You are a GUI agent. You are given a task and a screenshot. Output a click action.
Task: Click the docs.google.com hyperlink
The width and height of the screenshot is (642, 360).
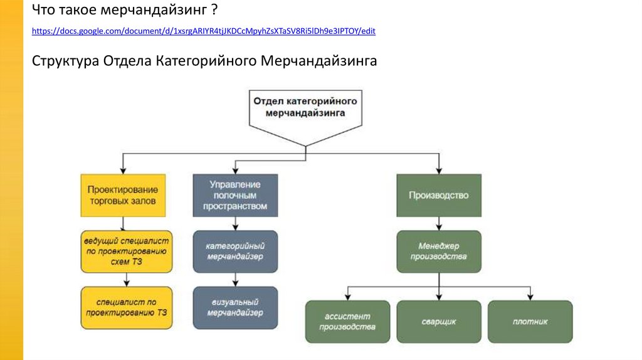(x=204, y=30)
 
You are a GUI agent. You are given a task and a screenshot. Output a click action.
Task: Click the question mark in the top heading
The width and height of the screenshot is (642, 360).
(x=215, y=11)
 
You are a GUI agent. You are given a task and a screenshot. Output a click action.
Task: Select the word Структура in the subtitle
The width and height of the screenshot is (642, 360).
(x=65, y=61)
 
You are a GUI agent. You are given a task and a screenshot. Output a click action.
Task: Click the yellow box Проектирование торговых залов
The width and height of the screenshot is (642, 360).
(x=123, y=196)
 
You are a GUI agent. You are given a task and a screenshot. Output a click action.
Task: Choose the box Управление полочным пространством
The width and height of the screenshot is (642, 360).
(x=235, y=195)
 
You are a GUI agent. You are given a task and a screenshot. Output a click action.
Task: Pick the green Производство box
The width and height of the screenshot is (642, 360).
(x=439, y=195)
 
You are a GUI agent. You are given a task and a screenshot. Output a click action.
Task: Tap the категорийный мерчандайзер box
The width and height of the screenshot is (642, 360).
(x=235, y=251)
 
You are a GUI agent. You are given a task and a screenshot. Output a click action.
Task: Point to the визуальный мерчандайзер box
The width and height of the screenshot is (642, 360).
(x=235, y=307)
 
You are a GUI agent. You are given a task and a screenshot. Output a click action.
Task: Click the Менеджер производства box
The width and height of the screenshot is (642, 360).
(x=439, y=251)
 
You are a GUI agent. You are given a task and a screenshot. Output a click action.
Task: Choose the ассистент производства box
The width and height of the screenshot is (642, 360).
(x=347, y=321)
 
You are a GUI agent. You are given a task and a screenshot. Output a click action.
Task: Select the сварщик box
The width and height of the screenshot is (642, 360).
(x=439, y=321)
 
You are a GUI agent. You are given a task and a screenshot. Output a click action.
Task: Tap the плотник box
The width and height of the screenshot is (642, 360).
(x=530, y=321)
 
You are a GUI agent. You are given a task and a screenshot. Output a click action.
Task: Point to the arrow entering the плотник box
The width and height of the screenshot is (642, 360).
(x=530, y=295)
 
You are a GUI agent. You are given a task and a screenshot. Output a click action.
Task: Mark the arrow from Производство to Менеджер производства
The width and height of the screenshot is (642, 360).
(x=439, y=224)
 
